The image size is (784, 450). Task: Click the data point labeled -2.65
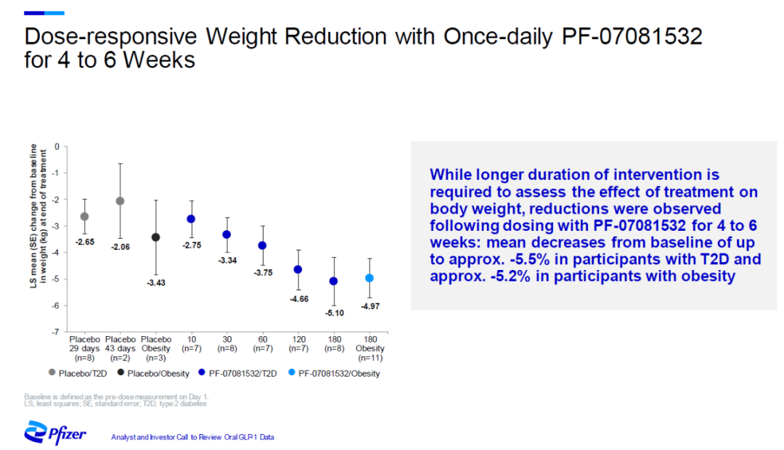point(84,216)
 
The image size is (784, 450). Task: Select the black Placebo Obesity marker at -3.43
point(155,237)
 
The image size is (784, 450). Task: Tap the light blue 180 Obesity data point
point(369,278)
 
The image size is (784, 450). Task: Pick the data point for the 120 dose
point(298,269)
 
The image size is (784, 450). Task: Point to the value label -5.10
point(334,313)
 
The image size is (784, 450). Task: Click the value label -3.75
point(262,273)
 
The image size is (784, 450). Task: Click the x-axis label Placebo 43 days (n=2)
point(120,348)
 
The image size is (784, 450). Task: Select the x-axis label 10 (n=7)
point(191,344)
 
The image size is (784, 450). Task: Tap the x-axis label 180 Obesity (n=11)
point(369,348)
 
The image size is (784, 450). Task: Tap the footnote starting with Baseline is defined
point(115,398)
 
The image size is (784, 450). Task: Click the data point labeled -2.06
point(120,201)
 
